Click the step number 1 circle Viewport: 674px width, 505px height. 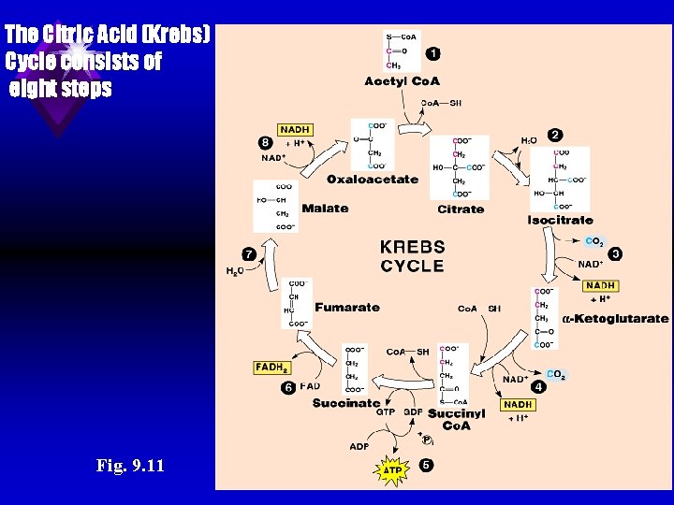(433, 53)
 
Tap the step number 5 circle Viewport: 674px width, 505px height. (427, 466)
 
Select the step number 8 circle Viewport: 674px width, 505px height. (266, 142)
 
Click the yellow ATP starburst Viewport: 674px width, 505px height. (393, 470)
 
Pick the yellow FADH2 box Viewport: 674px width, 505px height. (271, 368)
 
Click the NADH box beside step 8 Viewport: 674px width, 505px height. (295, 130)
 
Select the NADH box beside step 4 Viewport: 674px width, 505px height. (518, 405)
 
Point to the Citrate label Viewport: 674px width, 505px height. (461, 209)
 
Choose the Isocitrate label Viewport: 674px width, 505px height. (560, 220)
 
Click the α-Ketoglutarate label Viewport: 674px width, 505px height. (615, 318)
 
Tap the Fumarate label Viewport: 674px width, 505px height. (347, 307)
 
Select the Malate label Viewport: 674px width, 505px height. (325, 209)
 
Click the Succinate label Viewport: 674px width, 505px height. (345, 403)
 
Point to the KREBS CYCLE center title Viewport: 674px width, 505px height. (412, 256)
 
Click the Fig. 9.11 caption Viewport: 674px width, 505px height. (130, 465)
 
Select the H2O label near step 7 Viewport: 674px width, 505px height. (235, 271)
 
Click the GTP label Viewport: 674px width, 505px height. (385, 411)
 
